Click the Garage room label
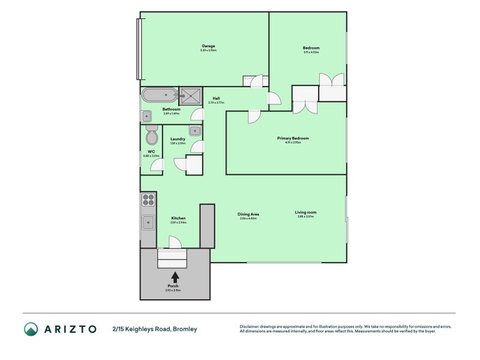click(x=208, y=47)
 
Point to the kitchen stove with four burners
click(x=148, y=199)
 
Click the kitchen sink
click(x=148, y=223)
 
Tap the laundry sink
click(x=195, y=130)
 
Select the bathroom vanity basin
click(x=146, y=116)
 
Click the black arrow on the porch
click(x=175, y=277)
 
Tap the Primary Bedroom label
click(x=289, y=138)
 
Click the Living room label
click(x=305, y=212)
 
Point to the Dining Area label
click(x=248, y=214)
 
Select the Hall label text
click(x=215, y=98)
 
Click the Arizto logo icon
click(x=31, y=329)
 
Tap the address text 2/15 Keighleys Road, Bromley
click(x=154, y=329)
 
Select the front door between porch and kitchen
click(x=175, y=242)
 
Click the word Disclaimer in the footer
click(x=251, y=326)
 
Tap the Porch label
click(x=173, y=286)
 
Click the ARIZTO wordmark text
click(x=69, y=329)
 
